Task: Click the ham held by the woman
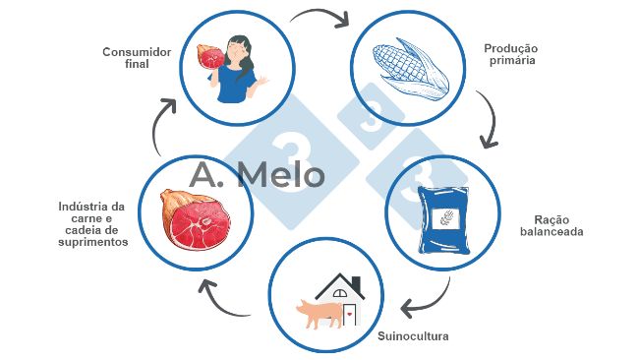coord(210,58)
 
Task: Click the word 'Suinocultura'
coord(413,336)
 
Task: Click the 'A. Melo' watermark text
coord(257,175)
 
